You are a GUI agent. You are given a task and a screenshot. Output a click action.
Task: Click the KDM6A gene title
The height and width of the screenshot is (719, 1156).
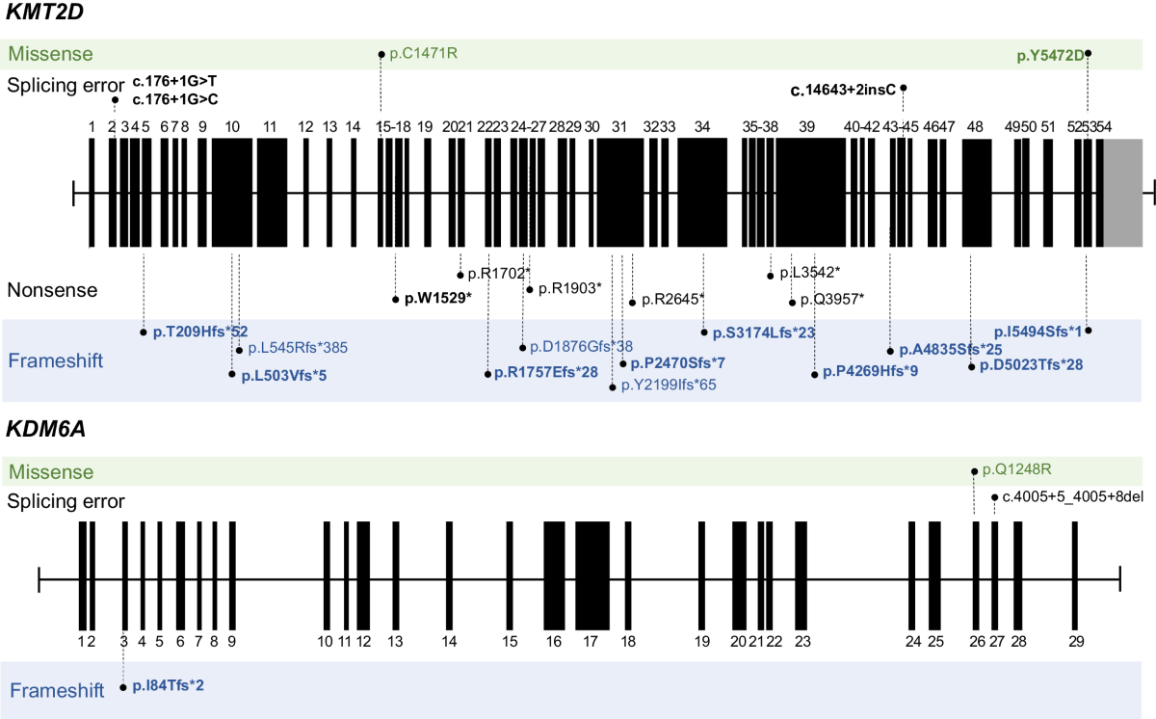(x=44, y=430)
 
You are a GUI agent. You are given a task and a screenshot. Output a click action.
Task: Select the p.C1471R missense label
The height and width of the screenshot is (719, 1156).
(x=423, y=54)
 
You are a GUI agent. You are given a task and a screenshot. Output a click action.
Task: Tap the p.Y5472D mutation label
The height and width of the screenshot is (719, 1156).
(x=1050, y=55)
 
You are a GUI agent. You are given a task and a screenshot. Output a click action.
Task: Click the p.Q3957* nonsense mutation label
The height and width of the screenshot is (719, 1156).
(x=831, y=299)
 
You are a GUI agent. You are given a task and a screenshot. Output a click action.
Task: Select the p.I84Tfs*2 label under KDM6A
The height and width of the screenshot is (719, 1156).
(x=169, y=686)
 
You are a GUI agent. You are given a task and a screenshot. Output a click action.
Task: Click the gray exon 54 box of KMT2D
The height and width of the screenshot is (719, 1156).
(x=1121, y=193)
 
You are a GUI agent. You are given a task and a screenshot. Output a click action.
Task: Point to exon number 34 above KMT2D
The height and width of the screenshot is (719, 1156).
(x=703, y=127)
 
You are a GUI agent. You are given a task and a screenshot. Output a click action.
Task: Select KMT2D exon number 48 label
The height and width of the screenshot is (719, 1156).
(x=976, y=127)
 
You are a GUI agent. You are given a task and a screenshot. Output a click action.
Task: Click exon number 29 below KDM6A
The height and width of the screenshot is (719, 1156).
(x=1077, y=641)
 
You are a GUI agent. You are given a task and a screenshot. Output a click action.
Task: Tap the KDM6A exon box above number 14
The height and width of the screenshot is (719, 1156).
(x=449, y=576)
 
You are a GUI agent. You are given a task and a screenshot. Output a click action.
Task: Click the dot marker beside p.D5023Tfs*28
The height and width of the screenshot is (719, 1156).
(x=971, y=366)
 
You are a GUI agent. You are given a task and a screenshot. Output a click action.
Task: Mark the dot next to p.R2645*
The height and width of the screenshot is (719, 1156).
(x=632, y=302)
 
